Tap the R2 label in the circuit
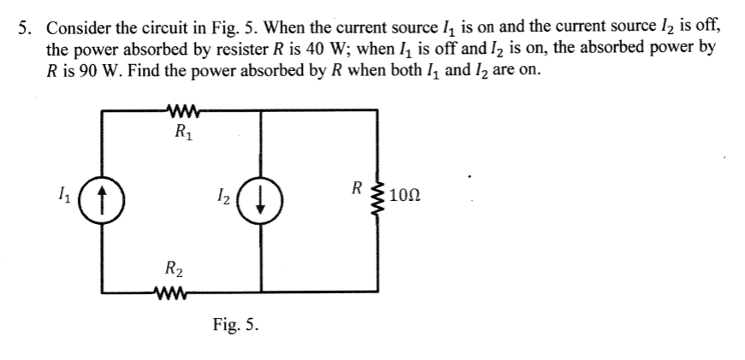(x=174, y=271)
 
